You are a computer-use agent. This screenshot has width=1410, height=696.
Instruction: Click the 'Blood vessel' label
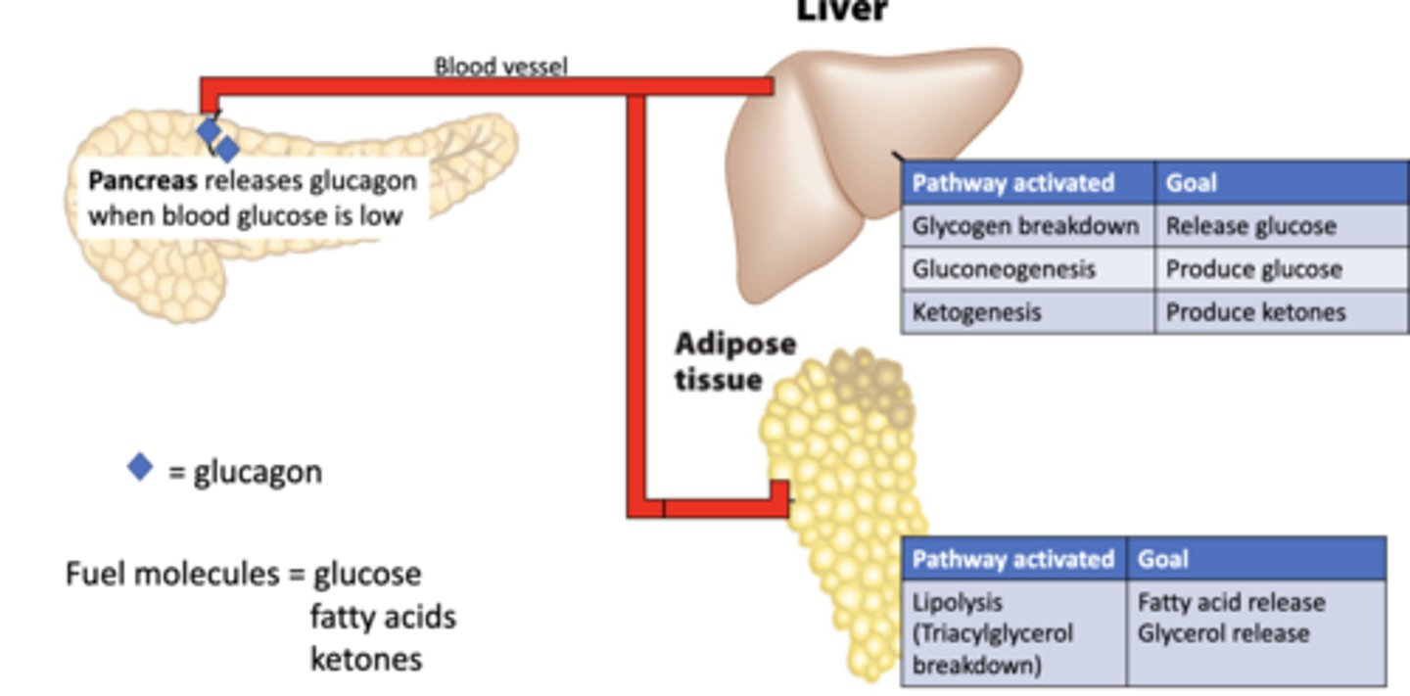pos(500,67)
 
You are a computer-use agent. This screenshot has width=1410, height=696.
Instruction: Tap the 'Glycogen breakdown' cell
pos(1025,226)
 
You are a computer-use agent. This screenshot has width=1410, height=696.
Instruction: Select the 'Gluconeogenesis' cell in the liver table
pos(1004,269)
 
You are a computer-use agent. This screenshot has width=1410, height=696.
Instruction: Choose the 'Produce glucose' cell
pos(1253,269)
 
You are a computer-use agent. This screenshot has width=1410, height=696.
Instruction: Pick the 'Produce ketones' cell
pos(1255,312)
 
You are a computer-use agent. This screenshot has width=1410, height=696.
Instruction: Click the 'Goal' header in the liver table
pos(1191,183)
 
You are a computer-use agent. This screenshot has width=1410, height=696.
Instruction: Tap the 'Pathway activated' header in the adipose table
pos(1012,559)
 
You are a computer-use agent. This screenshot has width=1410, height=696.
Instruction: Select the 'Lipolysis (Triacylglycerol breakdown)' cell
pos(992,633)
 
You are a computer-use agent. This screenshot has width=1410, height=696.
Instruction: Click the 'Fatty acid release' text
pos(1231,602)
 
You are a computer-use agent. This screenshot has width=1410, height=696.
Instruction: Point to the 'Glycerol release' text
pos(1223,633)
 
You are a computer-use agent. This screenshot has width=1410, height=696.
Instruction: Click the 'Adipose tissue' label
pos(733,361)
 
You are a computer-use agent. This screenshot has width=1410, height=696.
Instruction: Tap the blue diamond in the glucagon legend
pos(141,467)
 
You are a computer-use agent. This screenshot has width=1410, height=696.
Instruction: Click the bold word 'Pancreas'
pos(143,181)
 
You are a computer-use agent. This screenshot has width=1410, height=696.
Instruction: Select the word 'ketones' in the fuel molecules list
pos(366,659)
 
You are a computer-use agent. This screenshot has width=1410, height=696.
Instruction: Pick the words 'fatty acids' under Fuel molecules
pos(383,617)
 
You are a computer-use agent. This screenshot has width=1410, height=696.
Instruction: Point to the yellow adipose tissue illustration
pos(842,460)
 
